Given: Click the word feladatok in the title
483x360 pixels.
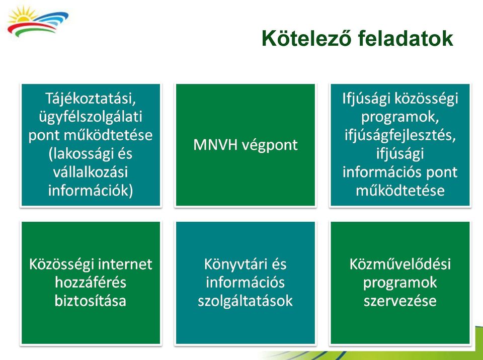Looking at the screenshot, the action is click(x=406, y=38).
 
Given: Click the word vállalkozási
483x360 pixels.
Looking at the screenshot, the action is click(x=91, y=172).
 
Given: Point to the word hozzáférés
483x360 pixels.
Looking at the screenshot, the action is click(x=91, y=283).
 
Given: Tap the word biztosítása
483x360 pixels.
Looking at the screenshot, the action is click(x=91, y=301).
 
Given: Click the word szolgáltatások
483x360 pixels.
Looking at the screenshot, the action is click(x=245, y=301).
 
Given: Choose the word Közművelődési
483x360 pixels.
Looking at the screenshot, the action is click(x=400, y=264).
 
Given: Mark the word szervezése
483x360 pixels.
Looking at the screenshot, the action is click(x=400, y=301).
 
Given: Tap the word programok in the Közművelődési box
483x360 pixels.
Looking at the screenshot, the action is click(x=400, y=283).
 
